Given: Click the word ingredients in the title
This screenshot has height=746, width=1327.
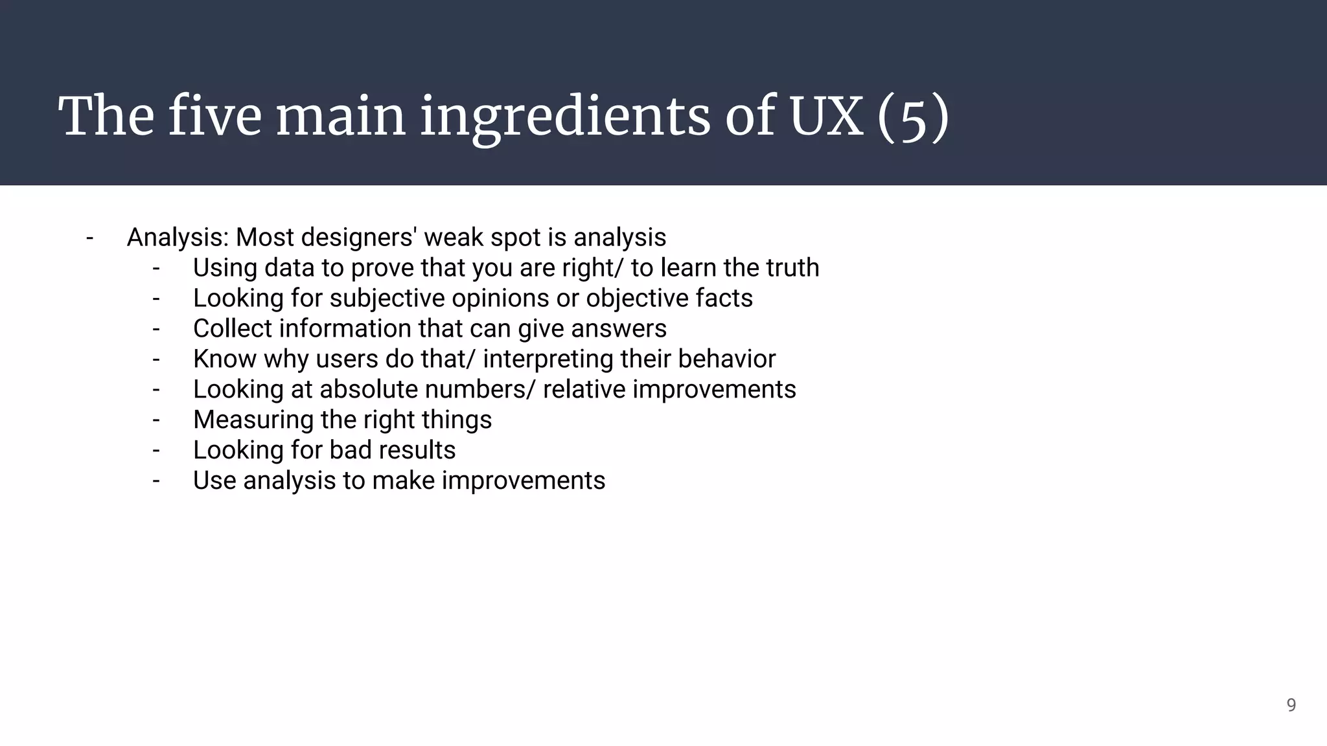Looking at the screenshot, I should pyautogui.click(x=565, y=117).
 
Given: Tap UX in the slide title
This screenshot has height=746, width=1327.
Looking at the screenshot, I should pyautogui.click(x=827, y=117).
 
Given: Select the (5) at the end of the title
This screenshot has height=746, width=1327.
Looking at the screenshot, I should pyautogui.click(x=913, y=118).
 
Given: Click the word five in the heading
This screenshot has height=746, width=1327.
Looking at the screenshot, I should pyautogui.click(x=214, y=117).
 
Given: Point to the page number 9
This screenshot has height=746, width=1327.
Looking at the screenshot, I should pyautogui.click(x=1291, y=705).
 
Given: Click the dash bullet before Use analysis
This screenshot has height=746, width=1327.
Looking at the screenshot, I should pyautogui.click(x=156, y=481).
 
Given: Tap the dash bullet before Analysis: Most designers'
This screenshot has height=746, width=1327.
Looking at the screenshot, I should pyautogui.click(x=89, y=238).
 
